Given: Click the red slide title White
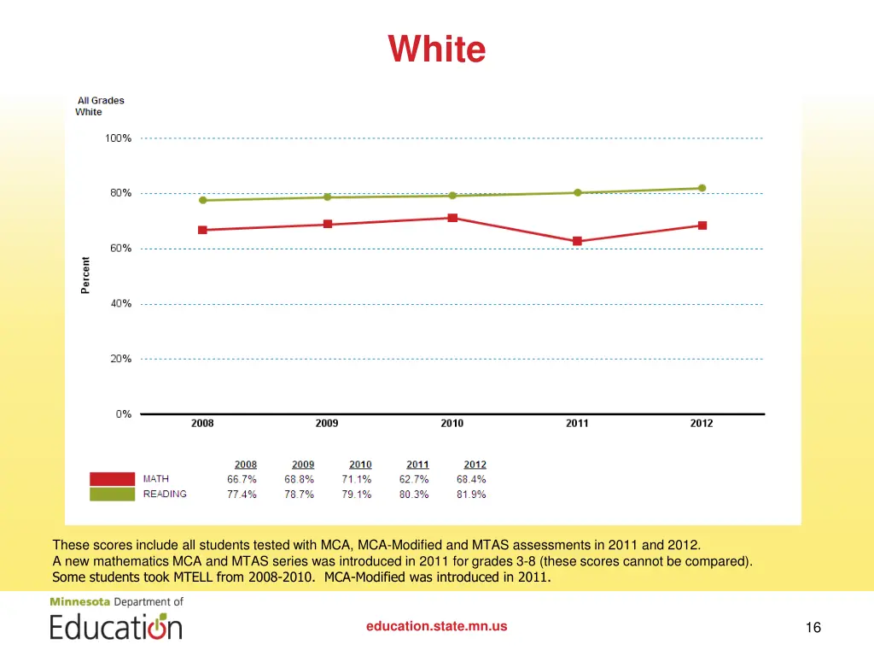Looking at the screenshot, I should coord(437,49).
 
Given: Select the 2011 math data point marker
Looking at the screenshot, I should coord(577,241).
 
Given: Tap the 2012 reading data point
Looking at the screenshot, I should coord(702,188).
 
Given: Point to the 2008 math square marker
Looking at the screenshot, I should coord(202,230).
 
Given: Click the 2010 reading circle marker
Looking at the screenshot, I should coord(452,196).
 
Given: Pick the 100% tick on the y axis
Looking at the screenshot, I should coord(118,138).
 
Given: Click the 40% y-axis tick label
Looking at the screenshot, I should coord(120,304).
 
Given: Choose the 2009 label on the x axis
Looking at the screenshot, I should coord(327,424).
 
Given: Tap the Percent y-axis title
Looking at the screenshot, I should coord(85,275).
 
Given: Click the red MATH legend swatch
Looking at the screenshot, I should coord(112,479).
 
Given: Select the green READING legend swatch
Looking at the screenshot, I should coord(112,495).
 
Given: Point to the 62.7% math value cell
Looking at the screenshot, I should coord(414,480).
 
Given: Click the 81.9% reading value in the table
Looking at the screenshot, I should coord(471,495).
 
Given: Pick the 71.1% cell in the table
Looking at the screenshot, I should coord(357,480).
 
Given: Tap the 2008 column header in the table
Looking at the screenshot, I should coord(246,465).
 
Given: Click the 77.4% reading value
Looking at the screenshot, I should coord(242,495).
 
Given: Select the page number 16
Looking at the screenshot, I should coord(813,628).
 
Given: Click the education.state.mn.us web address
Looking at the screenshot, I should coord(436,626).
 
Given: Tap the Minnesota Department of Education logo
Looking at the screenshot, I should coord(116,618).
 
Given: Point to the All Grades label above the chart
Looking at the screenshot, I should coord(101,101).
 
